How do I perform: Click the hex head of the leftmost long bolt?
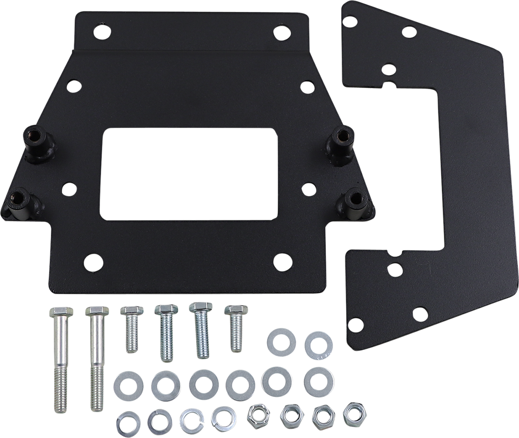[x=56, y=314]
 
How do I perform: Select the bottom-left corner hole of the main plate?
[x=94, y=261]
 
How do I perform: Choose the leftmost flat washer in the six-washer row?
[x=126, y=384]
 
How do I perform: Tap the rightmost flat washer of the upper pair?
[x=315, y=342]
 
